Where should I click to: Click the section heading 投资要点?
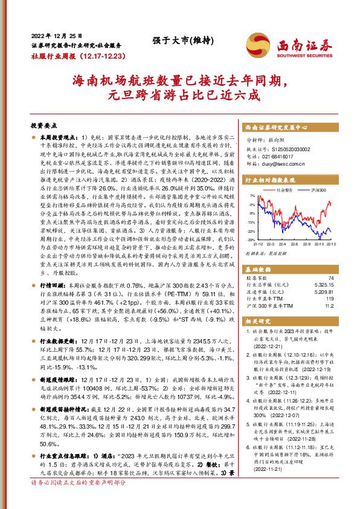click(43, 126)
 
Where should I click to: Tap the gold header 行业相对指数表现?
click(270, 180)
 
